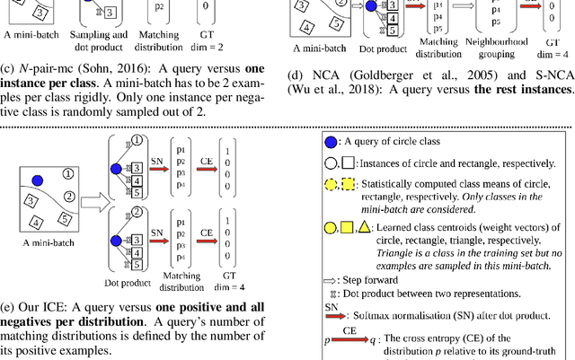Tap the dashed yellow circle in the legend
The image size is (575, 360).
point(331,185)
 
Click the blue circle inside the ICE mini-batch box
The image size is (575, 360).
point(40,182)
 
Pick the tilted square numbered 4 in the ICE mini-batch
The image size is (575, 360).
point(38,223)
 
